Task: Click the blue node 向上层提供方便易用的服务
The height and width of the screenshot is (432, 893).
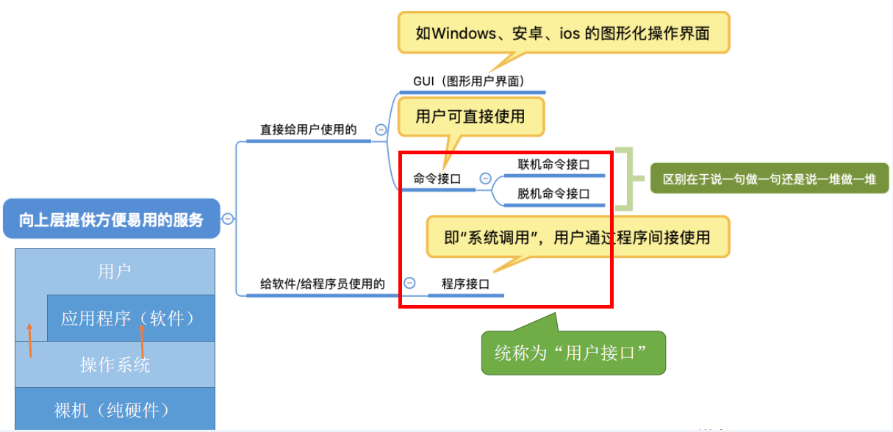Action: pos(112,219)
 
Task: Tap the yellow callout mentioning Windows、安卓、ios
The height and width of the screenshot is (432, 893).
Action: pos(563,33)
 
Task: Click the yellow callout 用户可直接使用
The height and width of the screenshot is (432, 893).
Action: pos(470,117)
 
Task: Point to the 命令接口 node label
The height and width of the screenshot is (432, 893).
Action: pos(437,178)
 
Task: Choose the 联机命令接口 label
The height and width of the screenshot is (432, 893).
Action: pos(553,165)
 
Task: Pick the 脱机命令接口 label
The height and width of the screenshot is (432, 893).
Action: pos(553,194)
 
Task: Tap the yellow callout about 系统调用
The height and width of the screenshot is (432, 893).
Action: pos(578,237)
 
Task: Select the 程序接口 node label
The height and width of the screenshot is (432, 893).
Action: pos(465,284)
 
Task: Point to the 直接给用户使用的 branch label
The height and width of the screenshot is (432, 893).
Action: pos(308,129)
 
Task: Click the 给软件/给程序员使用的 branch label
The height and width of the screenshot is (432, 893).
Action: pos(323,283)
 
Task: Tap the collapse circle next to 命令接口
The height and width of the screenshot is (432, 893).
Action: pos(485,178)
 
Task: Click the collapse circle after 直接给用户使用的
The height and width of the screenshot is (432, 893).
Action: pos(381,129)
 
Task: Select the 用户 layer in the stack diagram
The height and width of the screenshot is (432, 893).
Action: pos(115,271)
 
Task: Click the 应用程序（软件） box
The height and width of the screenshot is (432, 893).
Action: pos(129,318)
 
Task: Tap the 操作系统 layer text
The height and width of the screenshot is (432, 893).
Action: pos(115,364)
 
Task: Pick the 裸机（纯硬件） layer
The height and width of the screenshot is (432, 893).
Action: pos(115,410)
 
